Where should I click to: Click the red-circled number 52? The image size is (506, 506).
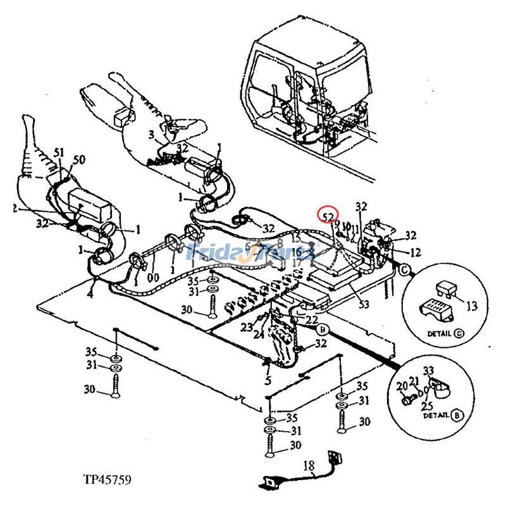(x=328, y=217)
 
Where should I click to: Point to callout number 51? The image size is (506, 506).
(x=59, y=152)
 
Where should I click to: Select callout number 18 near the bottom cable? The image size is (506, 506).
(x=309, y=467)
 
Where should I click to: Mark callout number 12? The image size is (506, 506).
(x=415, y=252)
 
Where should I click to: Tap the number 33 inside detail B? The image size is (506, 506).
(x=428, y=371)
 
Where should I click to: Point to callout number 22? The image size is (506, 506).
(x=311, y=321)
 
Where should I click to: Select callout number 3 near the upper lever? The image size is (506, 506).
(x=151, y=135)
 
